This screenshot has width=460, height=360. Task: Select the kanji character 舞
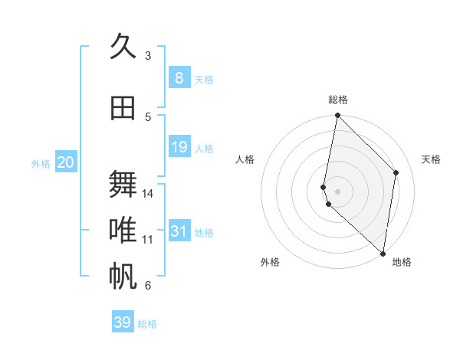[123, 184]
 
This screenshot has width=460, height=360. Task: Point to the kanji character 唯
[123, 230]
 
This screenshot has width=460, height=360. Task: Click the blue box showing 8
[179, 78]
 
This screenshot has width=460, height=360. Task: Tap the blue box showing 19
[179, 147]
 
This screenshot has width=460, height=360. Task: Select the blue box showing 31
[179, 231]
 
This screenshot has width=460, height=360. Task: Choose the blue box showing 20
[65, 162]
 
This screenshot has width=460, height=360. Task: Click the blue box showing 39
[122, 322]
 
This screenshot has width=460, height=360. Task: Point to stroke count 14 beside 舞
[148, 194]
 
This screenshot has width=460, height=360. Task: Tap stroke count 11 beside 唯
[148, 240]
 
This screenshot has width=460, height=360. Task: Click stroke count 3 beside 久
[148, 55]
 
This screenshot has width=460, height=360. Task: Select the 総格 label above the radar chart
[338, 100]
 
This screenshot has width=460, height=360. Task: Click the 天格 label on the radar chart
[431, 159]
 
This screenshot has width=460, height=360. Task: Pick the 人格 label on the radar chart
[245, 159]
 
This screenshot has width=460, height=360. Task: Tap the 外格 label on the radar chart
[269, 262]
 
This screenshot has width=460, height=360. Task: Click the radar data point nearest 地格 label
[383, 254]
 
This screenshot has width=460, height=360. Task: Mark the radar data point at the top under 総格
[337, 116]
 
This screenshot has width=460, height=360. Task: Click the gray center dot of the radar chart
[338, 190]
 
